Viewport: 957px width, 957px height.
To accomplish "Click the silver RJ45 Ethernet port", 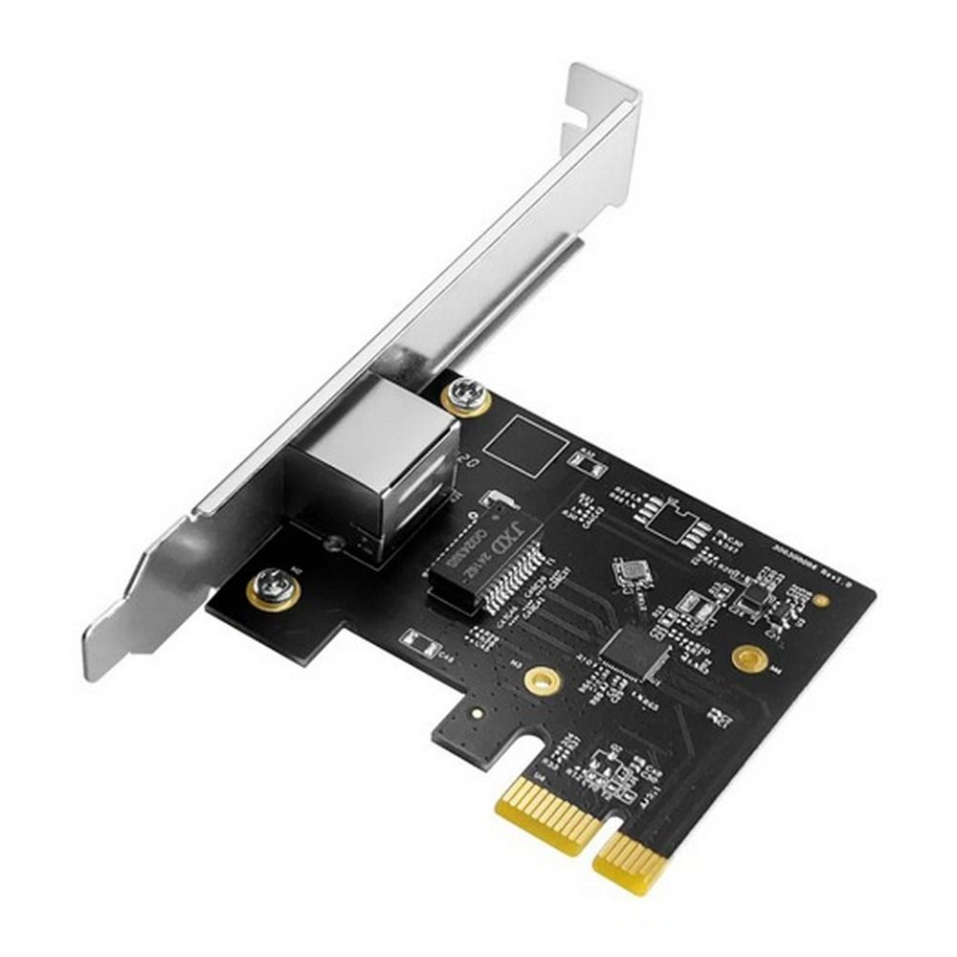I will pos(373,459).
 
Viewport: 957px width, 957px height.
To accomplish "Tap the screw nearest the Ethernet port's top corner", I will pos(467,392).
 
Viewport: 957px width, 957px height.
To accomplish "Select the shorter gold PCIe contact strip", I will pos(632,861).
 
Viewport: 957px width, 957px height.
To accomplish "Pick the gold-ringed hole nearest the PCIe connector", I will pos(542,680).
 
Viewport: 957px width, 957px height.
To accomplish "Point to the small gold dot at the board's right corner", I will pos(820,600).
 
